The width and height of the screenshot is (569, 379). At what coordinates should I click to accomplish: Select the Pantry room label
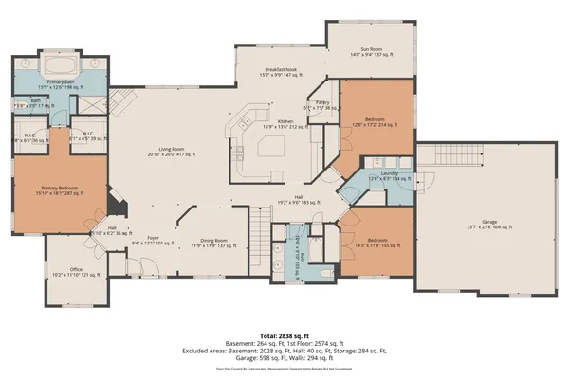[322, 104]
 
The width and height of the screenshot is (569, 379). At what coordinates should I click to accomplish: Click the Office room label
[76, 272]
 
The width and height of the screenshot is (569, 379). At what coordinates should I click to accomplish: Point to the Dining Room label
[209, 243]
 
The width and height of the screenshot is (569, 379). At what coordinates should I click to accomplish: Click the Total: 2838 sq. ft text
[284, 335]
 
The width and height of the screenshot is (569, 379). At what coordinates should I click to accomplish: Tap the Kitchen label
[284, 122]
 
